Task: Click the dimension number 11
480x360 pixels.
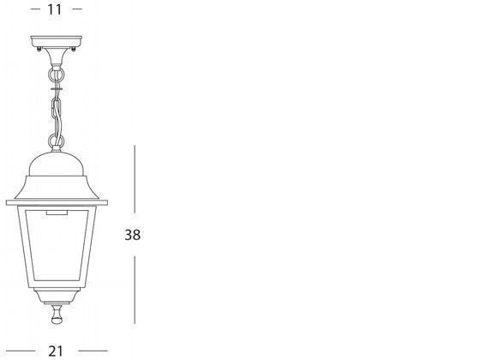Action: (55, 9)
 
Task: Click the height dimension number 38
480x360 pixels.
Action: (133, 235)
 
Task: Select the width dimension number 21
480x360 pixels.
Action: (56, 351)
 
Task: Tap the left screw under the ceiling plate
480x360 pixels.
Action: (39, 48)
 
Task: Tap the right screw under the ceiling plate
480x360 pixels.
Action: (73, 49)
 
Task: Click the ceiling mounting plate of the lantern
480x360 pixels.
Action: (57, 41)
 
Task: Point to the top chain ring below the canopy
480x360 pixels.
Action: (57, 74)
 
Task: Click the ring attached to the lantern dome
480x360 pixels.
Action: (57, 141)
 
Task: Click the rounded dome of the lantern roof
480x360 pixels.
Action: (57, 164)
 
